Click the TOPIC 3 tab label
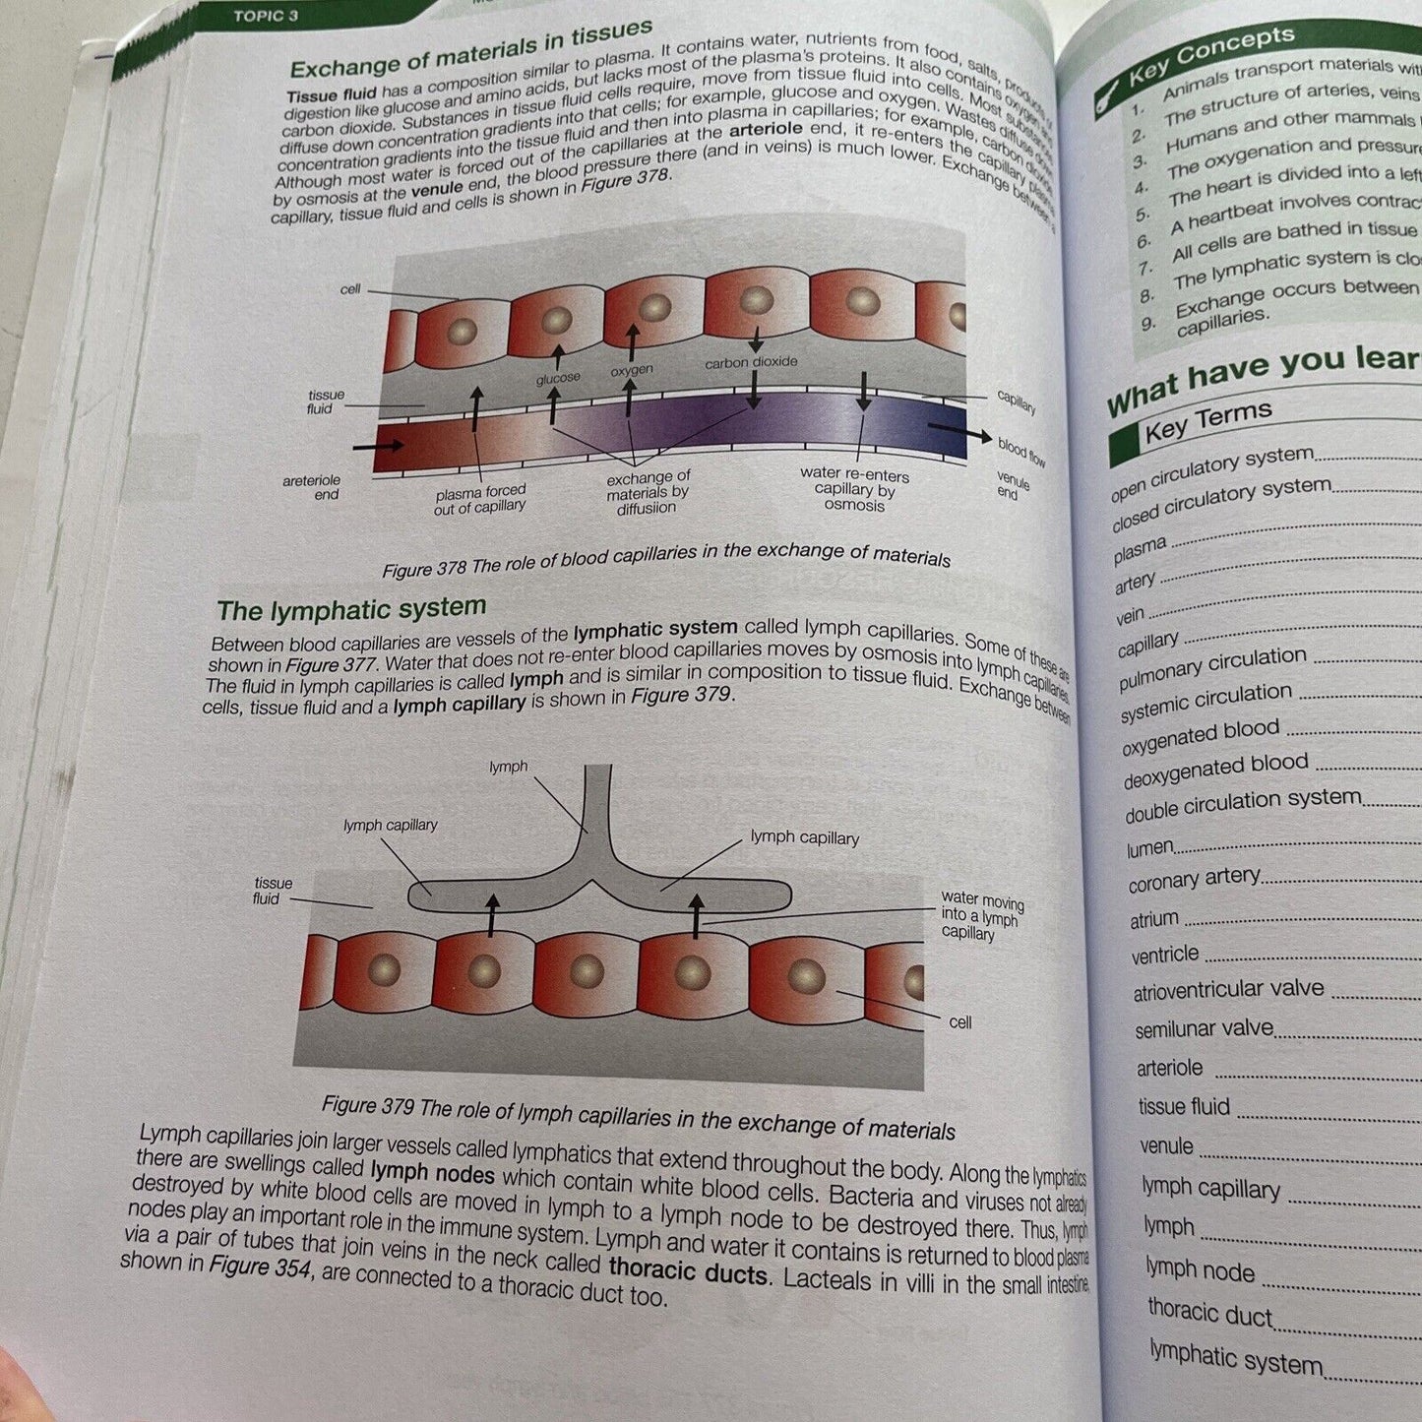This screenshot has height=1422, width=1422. click(265, 16)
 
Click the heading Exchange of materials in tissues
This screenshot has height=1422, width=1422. click(470, 50)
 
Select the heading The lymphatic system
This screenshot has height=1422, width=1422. click(351, 610)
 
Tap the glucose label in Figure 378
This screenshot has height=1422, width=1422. click(558, 379)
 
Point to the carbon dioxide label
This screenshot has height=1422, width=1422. click(751, 362)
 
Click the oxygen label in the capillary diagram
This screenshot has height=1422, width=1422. click(632, 371)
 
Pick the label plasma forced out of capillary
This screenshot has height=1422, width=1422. click(480, 499)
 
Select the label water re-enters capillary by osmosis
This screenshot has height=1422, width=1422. click(854, 489)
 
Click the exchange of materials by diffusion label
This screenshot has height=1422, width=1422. click(648, 493)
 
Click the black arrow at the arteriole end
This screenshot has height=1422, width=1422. click(378, 446)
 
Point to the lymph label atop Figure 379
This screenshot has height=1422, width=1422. click(509, 767)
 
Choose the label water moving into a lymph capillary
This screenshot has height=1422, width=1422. click(981, 915)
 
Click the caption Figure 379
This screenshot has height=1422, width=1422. click(638, 1117)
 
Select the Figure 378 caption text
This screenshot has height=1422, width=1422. click(665, 559)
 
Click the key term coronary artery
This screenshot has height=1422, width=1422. click(1194, 879)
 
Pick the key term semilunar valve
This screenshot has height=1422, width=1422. click(1204, 1029)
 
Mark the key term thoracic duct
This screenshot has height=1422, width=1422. click(1209, 1313)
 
